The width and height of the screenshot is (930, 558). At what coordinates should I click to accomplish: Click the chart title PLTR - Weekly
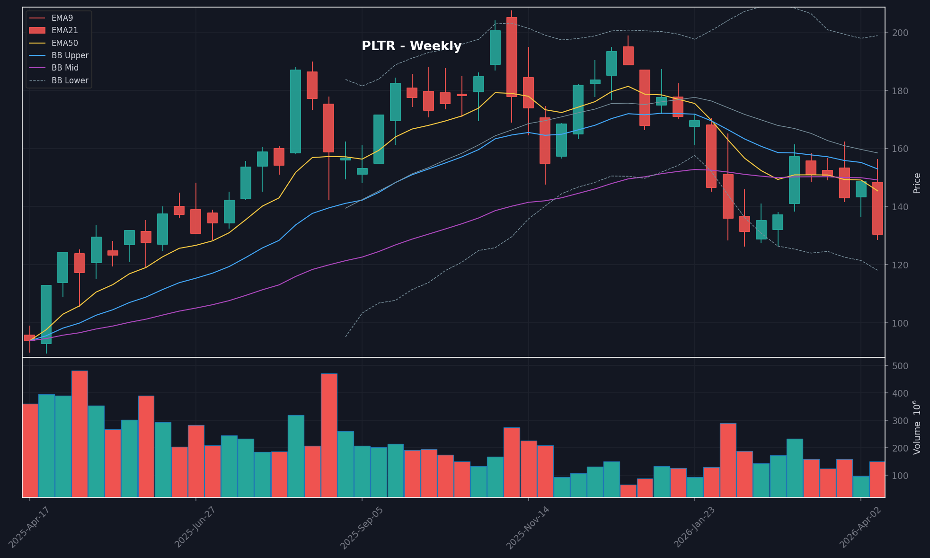pyautogui.click(x=411, y=46)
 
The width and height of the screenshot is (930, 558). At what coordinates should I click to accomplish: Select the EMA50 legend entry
pyautogui.click(x=64, y=43)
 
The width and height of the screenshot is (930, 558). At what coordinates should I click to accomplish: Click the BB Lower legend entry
pyautogui.click(x=70, y=80)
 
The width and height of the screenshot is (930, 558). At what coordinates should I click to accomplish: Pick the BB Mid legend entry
pyautogui.click(x=65, y=68)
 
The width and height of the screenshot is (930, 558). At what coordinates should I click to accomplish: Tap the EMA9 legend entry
pyautogui.click(x=62, y=18)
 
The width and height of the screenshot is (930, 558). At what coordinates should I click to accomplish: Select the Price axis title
pyautogui.click(x=917, y=183)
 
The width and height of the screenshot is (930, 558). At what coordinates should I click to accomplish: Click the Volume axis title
pyautogui.click(x=917, y=427)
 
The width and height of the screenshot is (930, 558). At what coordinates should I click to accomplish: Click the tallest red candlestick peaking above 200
pyautogui.click(x=512, y=57)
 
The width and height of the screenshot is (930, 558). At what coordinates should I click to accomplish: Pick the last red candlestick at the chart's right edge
pyautogui.click(x=877, y=208)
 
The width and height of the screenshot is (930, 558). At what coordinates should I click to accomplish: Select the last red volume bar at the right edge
pyautogui.click(x=877, y=479)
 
